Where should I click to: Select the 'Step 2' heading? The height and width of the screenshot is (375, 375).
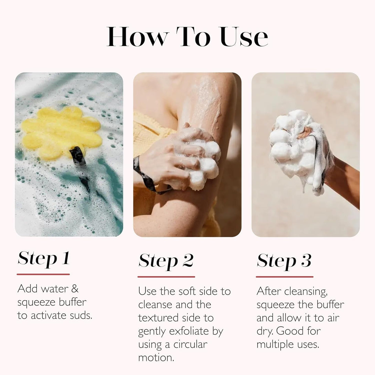point(166,261)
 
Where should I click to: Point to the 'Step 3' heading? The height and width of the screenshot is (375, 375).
point(284,261)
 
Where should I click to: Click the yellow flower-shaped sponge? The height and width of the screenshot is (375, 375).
point(60,131)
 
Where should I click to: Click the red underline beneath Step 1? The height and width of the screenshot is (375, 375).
point(43,274)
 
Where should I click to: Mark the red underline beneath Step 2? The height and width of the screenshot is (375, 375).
point(166,277)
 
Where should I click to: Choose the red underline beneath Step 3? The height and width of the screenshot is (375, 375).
point(285,277)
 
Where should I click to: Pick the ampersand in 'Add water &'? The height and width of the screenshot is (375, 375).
point(75,289)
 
